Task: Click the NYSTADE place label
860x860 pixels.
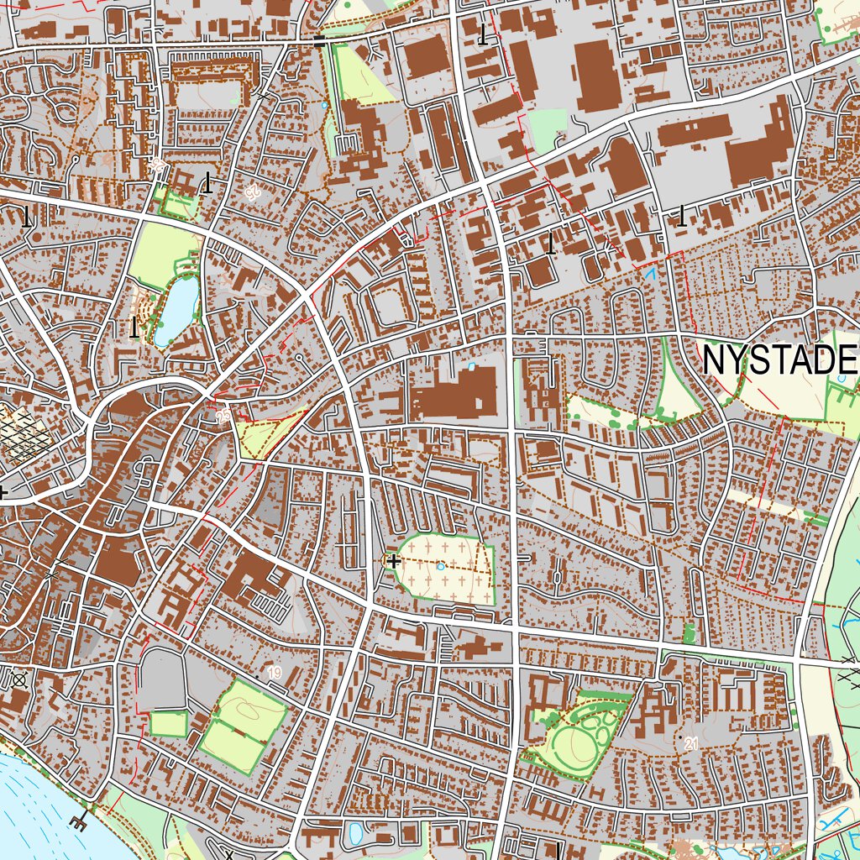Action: (779, 360)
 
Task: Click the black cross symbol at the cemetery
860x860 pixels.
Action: (394, 559)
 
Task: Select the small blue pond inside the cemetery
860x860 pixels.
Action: (441, 567)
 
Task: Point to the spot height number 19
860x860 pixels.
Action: (275, 673)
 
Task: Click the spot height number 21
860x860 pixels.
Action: (691, 743)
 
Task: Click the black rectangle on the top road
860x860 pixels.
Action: (318, 39)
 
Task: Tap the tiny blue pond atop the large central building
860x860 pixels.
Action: (470, 367)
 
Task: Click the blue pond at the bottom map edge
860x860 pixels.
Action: (354, 835)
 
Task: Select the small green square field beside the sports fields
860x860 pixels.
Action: (169, 723)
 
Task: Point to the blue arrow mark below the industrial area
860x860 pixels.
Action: (649, 272)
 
